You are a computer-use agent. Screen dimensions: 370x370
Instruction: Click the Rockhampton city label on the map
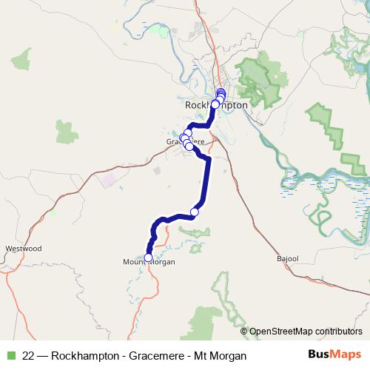pyautogui.click(x=215, y=106)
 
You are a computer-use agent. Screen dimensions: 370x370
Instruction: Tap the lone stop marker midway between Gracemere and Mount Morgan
pyautogui.click(x=195, y=212)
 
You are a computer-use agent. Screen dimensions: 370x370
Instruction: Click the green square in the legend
pyautogui.click(x=10, y=355)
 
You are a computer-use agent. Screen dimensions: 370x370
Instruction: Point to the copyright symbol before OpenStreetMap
pyautogui.click(x=244, y=332)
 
